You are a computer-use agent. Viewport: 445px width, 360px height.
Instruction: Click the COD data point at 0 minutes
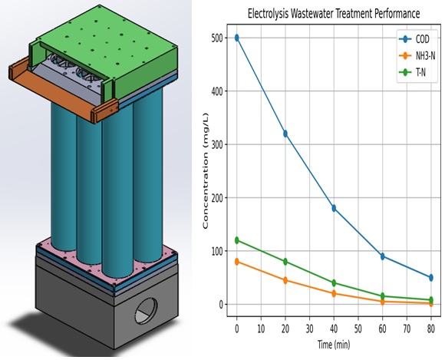tap(236, 38)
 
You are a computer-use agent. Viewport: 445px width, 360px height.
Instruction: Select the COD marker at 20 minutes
tap(285, 134)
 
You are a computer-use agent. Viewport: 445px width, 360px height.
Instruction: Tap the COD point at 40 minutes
tap(334, 208)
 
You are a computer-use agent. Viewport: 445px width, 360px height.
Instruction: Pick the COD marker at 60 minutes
tap(383, 256)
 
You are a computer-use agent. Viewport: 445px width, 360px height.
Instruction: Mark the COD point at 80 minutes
tap(431, 277)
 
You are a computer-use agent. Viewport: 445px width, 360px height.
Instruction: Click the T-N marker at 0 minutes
tap(236, 240)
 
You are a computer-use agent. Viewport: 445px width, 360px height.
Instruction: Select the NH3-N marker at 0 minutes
tap(236, 262)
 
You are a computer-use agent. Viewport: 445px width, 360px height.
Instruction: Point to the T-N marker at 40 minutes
tap(334, 282)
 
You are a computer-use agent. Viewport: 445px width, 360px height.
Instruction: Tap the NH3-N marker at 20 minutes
tap(285, 280)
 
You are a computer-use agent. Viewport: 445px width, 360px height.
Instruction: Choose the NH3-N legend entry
tap(417, 56)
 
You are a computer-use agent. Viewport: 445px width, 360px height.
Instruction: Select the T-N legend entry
tap(412, 73)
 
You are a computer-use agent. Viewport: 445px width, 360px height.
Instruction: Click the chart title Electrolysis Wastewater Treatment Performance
tap(334, 13)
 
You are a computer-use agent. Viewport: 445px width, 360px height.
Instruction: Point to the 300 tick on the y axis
tap(217, 144)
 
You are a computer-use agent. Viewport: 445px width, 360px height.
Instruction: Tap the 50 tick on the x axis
tap(358, 329)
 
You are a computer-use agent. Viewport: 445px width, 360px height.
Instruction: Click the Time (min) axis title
tap(334, 345)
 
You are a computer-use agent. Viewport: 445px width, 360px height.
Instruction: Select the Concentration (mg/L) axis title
tap(206, 170)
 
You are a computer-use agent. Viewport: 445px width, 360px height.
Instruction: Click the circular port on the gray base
tap(146, 311)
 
